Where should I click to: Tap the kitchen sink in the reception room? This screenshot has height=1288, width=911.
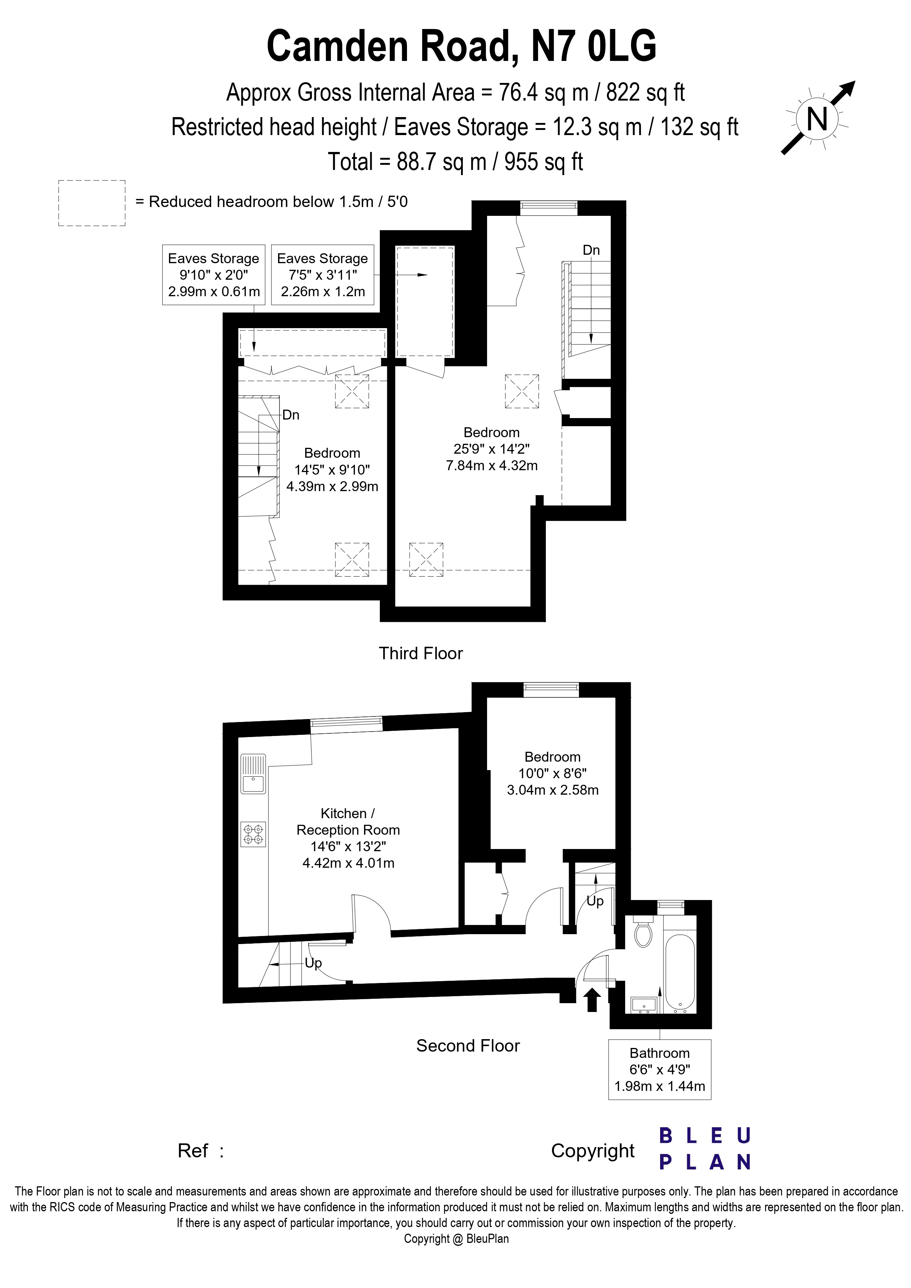point(253,774)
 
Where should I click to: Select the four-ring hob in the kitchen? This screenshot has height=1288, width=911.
point(253,834)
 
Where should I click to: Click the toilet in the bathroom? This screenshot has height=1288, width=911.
point(643,933)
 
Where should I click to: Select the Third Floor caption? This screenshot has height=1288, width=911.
point(420,653)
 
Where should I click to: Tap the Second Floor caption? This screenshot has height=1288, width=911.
point(468,1046)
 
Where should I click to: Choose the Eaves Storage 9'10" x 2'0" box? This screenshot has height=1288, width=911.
point(213,275)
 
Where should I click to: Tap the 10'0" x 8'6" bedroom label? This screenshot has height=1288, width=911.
point(552,773)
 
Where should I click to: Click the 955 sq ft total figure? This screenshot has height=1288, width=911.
point(543,162)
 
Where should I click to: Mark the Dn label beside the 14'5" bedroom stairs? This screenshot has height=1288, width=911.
point(291,415)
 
